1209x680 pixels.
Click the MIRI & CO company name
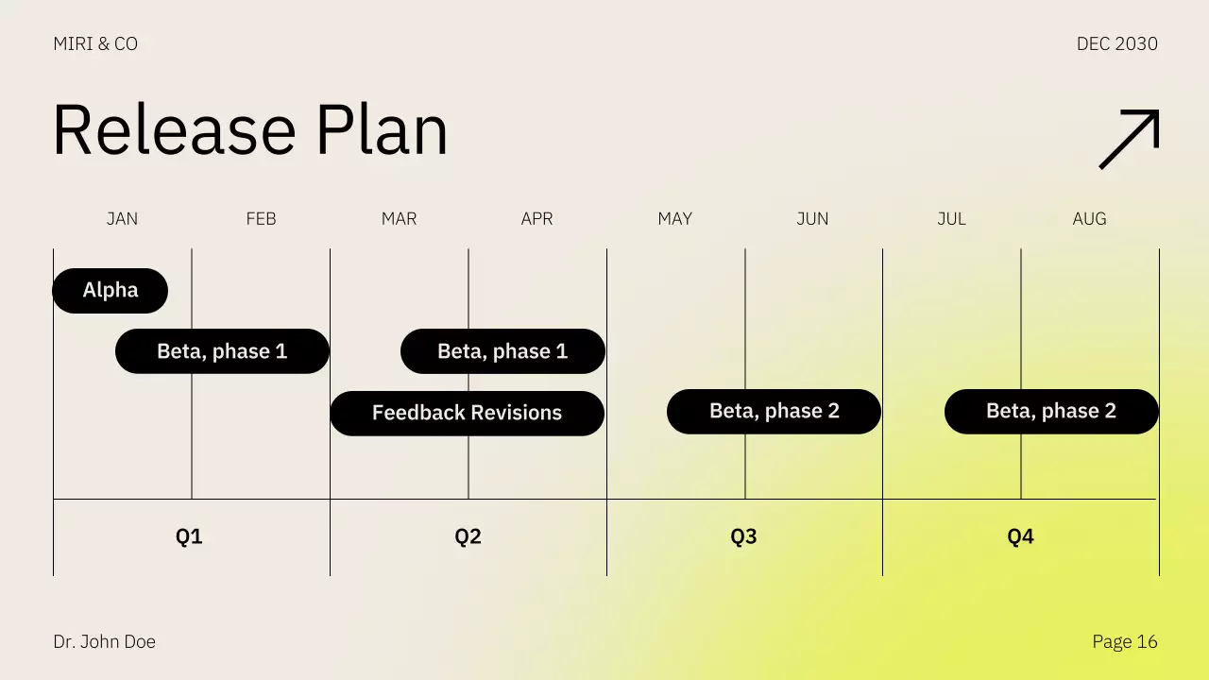[95, 44]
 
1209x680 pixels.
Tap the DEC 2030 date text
[1116, 44]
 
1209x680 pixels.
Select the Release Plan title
[250, 130]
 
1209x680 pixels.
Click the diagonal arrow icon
[1129, 139]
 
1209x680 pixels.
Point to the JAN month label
[122, 219]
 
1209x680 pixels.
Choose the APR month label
[536, 219]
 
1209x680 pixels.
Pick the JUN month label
[812, 219]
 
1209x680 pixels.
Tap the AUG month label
[1089, 219]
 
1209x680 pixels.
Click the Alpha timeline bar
[111, 291]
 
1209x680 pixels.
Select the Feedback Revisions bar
[467, 414]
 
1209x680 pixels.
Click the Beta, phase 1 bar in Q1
[222, 351]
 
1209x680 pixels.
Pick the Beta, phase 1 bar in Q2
[502, 351]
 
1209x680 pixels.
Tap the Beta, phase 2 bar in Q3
[774, 412]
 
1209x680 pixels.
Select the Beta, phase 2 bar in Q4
[1051, 412]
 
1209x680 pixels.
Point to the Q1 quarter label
[189, 537]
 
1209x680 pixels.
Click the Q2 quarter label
[468, 537]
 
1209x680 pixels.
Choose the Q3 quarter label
[743, 537]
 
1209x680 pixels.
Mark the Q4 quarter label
[1020, 537]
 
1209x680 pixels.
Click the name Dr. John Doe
[105, 642]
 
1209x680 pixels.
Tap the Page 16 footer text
[1124, 642]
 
